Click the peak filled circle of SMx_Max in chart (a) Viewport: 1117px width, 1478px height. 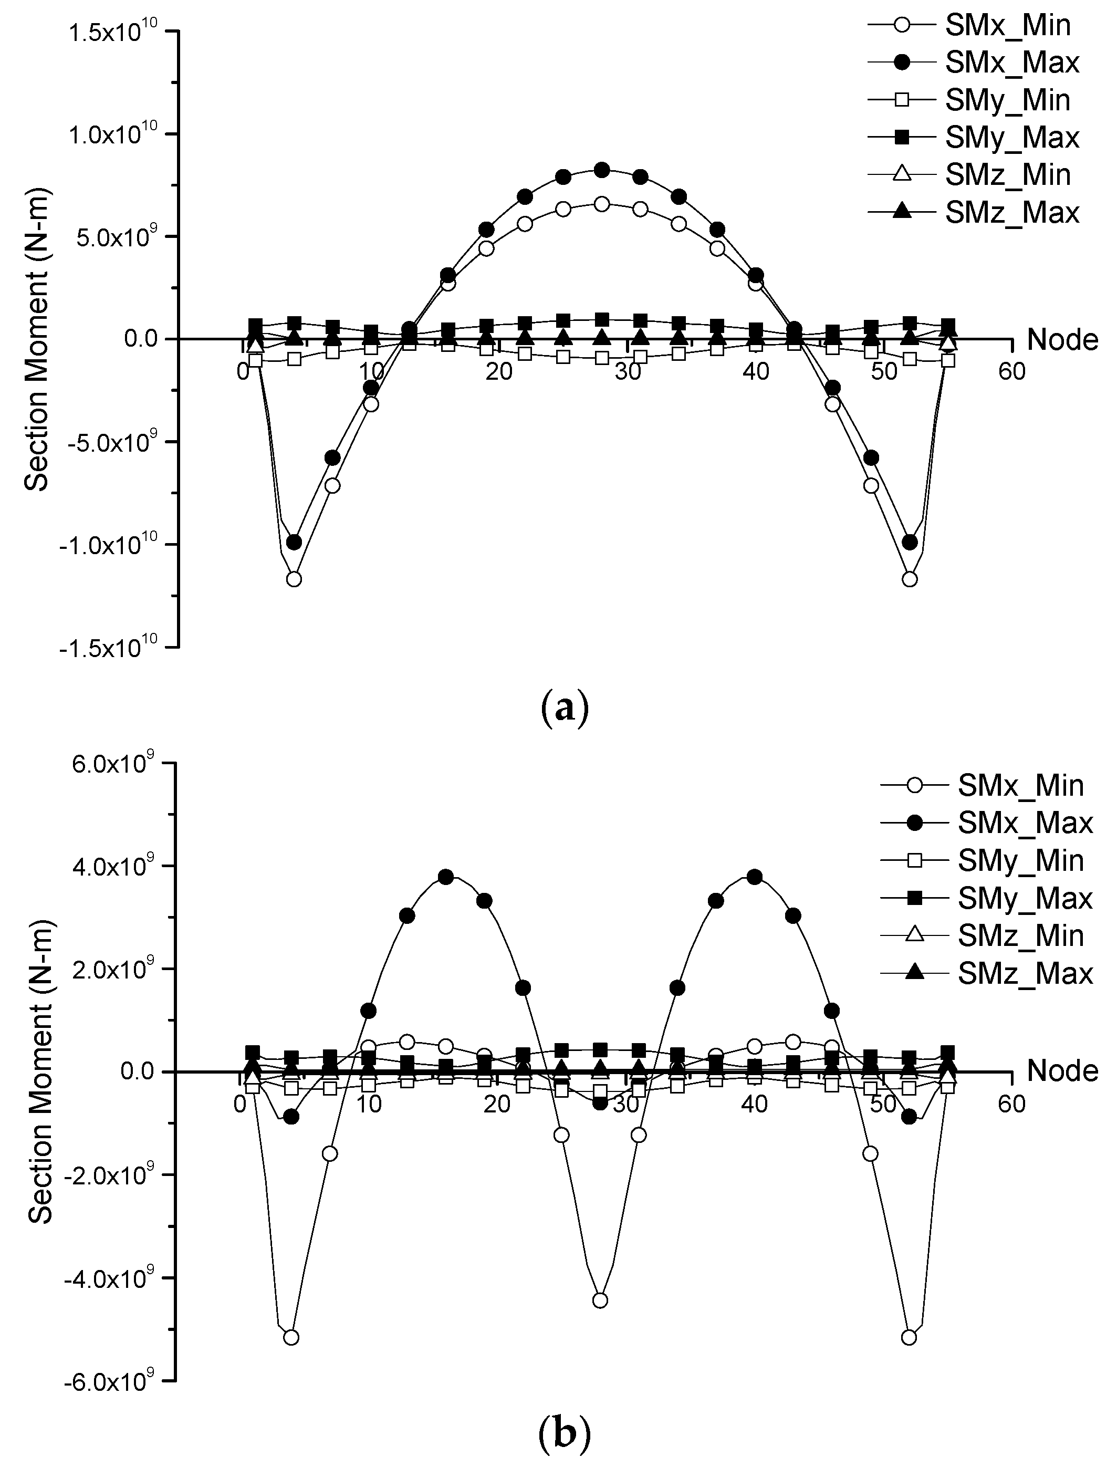pos(602,170)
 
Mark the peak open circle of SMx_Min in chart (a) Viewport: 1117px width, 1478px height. pos(602,204)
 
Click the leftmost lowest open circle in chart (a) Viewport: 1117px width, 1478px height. pos(293,579)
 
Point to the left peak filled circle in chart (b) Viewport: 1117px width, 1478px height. pos(446,877)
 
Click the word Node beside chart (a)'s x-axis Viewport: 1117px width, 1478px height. pos(1061,340)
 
